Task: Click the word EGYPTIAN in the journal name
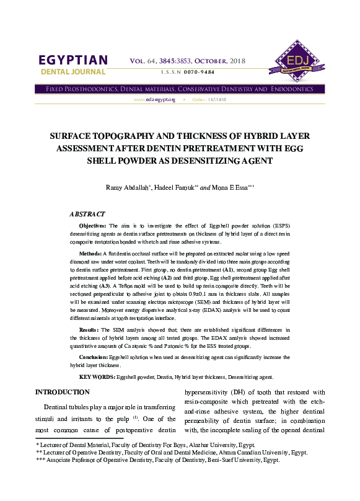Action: coord(73,60)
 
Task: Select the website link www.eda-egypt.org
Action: coord(154,99)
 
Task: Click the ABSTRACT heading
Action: coord(87,213)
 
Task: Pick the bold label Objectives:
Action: coord(93,226)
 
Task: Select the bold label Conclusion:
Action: coord(95,358)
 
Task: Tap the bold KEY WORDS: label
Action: coord(97,377)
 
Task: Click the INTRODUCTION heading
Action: coord(63,392)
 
